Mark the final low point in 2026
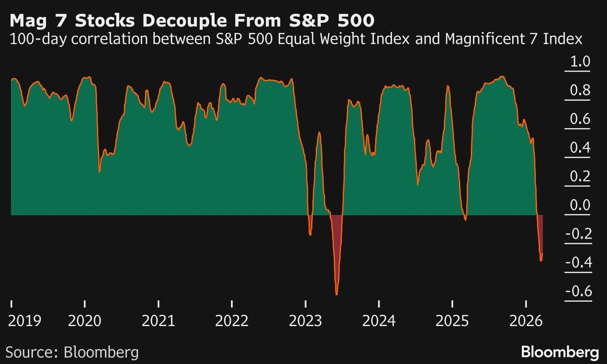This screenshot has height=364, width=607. pyautogui.click(x=541, y=260)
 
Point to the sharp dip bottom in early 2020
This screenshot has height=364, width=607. pyautogui.click(x=99, y=172)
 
